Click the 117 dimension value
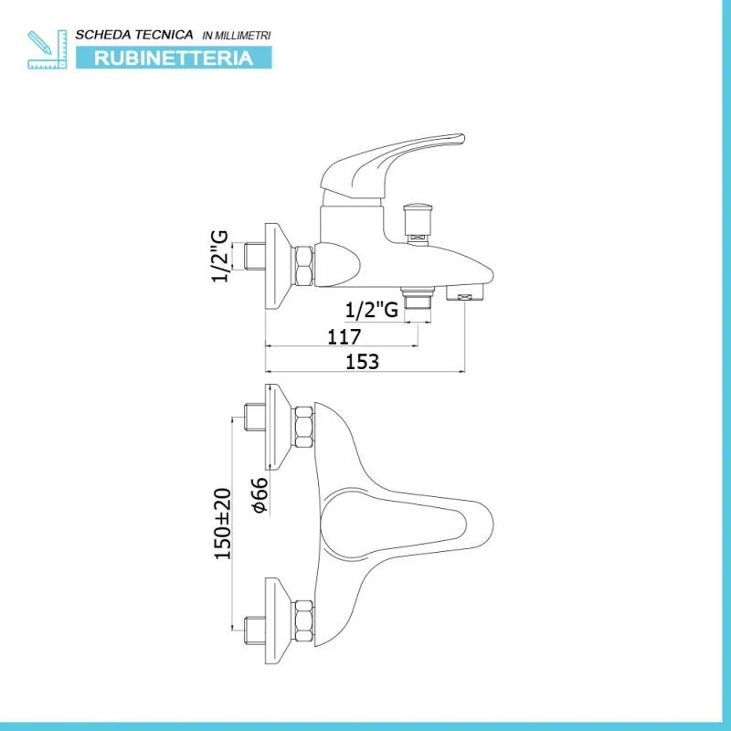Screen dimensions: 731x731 point(343,336)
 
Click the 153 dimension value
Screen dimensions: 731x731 point(363,361)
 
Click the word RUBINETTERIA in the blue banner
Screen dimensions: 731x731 point(173,58)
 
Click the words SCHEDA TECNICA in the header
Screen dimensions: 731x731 point(134,34)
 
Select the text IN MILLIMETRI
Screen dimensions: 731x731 point(236,35)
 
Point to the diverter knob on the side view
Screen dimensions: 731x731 point(418,220)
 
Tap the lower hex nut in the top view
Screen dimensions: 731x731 point(304,620)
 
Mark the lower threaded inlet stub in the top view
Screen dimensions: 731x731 point(255,630)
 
